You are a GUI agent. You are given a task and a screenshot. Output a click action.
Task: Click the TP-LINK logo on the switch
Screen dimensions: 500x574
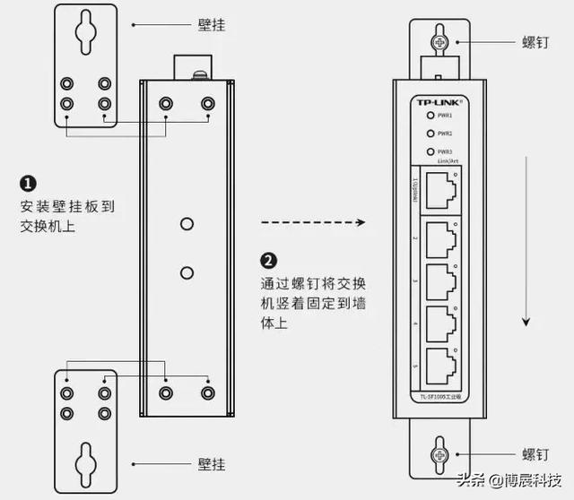tap(440, 101)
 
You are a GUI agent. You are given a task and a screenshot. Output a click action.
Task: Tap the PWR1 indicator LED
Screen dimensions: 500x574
tap(430, 116)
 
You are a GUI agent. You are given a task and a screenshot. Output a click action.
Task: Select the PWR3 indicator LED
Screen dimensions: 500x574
tap(430, 151)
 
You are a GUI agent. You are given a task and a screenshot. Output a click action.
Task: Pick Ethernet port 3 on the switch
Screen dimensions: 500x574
tap(440, 280)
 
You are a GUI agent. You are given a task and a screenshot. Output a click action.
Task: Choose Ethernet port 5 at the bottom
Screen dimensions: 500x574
tap(440, 364)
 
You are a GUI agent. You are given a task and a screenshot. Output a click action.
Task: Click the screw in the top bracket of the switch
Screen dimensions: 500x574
tap(439, 42)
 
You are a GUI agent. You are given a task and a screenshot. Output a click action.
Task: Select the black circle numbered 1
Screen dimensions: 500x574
tap(28, 184)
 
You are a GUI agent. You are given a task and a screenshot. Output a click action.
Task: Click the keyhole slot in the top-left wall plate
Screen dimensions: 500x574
tap(86, 32)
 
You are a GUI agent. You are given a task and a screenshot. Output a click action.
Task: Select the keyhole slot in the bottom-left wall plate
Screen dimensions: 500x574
tap(87, 463)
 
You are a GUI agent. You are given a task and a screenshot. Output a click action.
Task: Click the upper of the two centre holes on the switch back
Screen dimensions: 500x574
tap(187, 223)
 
